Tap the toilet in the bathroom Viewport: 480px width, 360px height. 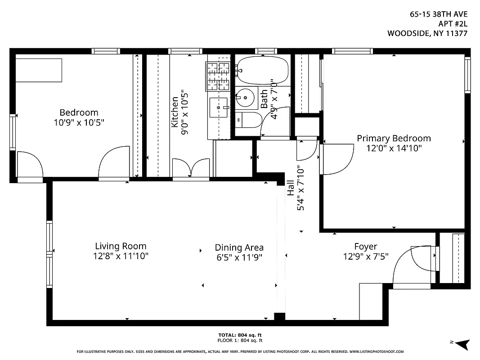(x=249, y=121)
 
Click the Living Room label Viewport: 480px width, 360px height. (x=121, y=246)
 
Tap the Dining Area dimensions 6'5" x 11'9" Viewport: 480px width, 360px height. (x=239, y=257)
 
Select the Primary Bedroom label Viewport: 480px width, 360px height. (x=394, y=138)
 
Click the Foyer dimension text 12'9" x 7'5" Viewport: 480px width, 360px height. (x=365, y=256)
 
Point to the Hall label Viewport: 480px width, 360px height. (x=291, y=188)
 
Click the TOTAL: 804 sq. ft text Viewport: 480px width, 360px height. (x=240, y=335)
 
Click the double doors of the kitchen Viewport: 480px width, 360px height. (x=191, y=169)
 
